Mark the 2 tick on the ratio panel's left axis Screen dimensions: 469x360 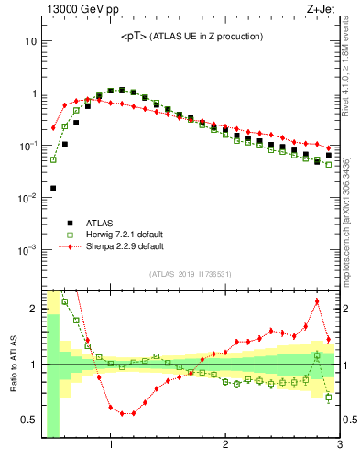[33, 309]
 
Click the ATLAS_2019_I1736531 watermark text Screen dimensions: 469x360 [191, 274]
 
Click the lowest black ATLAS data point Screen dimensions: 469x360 [53, 188]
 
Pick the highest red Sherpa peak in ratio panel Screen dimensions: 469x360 [317, 300]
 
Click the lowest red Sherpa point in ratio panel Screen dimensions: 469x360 [122, 413]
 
